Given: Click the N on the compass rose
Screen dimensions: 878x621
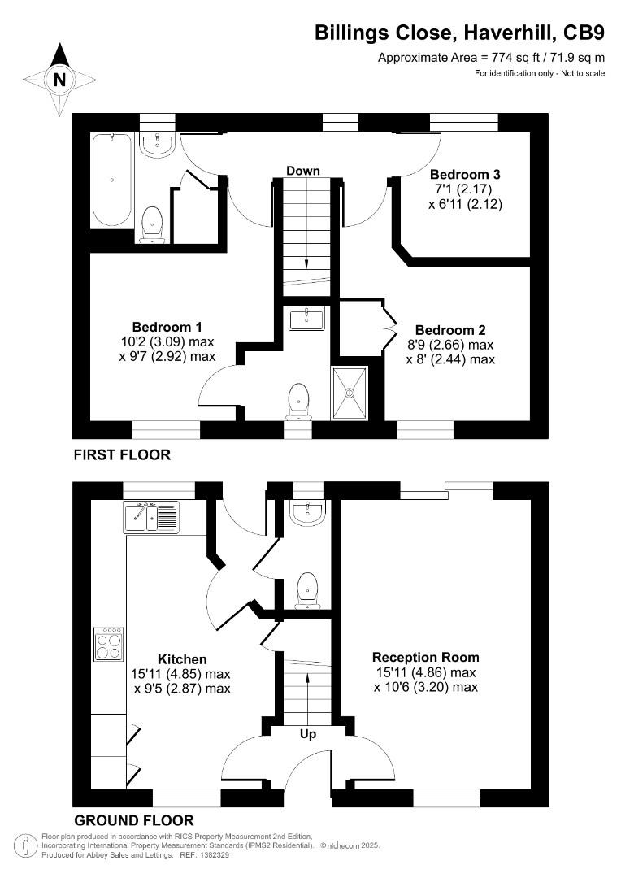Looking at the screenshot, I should click(x=59, y=80).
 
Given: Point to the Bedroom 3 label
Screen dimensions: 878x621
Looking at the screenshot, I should click(x=465, y=174).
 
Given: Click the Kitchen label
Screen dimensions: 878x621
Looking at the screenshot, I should click(x=182, y=659).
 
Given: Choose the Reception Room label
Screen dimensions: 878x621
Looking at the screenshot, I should click(x=425, y=657).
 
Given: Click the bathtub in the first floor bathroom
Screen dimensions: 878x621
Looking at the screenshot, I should click(x=112, y=180).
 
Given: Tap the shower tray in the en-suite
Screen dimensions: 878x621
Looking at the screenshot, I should click(x=350, y=393).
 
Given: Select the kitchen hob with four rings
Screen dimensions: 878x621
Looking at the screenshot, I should click(x=110, y=643).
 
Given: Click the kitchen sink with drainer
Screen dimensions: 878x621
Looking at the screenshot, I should click(x=151, y=517).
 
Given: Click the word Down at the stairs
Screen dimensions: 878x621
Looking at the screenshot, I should click(x=302, y=171).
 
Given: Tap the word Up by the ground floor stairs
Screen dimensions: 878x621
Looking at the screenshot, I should click(x=308, y=734).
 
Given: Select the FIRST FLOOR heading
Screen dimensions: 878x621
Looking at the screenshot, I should click(x=122, y=454).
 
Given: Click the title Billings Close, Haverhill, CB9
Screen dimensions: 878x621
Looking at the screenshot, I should click(x=459, y=33).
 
